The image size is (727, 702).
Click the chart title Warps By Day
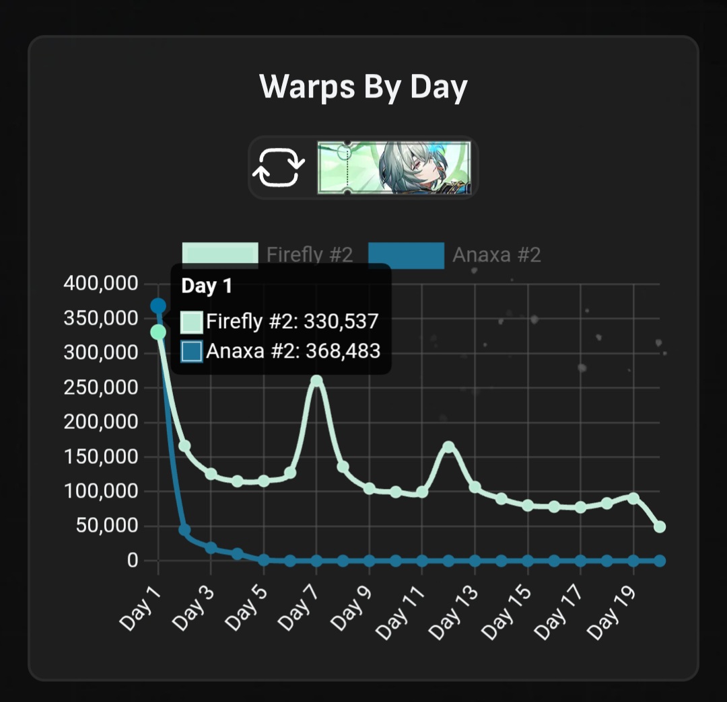(363, 87)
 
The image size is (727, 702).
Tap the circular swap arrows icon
(277, 167)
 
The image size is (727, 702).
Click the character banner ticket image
(394, 168)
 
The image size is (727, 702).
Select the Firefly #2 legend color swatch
(220, 256)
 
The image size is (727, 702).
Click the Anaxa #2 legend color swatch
(406, 256)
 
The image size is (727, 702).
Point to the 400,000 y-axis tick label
(102, 284)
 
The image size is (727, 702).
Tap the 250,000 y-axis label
(102, 388)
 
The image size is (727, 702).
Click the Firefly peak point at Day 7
(316, 381)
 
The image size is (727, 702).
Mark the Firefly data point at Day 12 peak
(448, 446)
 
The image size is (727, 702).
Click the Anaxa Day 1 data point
(158, 306)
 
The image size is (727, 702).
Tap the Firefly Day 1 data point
(158, 331)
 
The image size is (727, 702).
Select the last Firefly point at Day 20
(660, 526)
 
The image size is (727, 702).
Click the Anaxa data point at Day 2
(184, 530)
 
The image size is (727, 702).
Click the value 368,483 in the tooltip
(343, 351)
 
